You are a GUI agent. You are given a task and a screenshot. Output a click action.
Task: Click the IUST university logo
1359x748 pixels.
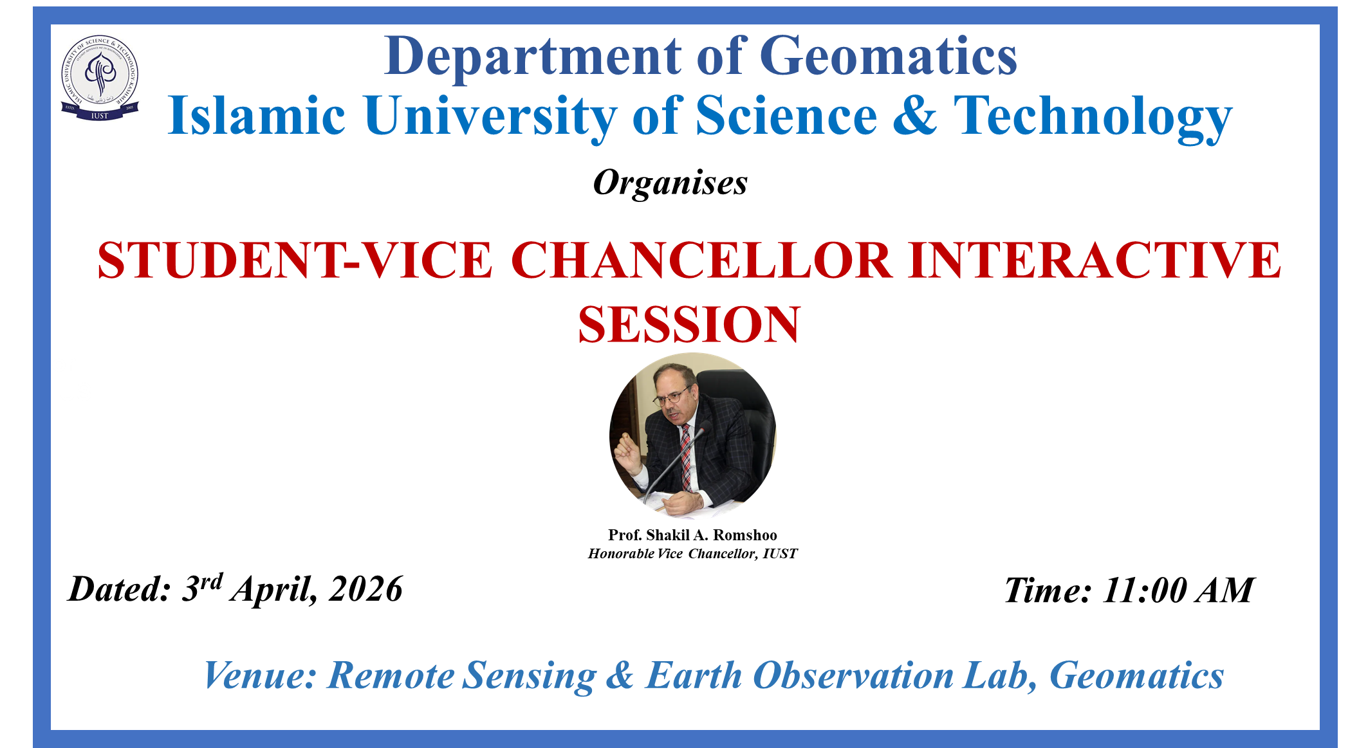coord(100,78)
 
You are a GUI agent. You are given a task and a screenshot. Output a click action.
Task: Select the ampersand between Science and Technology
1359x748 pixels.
coord(914,115)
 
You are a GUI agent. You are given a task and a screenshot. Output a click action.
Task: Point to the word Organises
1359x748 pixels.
coord(670,183)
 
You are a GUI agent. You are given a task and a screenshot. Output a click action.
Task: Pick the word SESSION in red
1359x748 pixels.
coord(689,325)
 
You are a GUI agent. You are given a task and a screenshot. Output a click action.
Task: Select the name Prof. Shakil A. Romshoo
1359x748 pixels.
coord(692,535)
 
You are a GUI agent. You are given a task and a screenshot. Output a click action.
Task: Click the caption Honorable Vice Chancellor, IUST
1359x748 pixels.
coord(692,554)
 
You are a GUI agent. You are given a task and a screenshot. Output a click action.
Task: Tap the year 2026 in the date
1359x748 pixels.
coord(365,589)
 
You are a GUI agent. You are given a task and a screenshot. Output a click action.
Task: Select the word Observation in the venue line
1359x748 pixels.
coord(853,676)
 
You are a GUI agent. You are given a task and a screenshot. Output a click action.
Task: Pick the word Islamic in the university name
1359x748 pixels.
coord(257,116)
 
